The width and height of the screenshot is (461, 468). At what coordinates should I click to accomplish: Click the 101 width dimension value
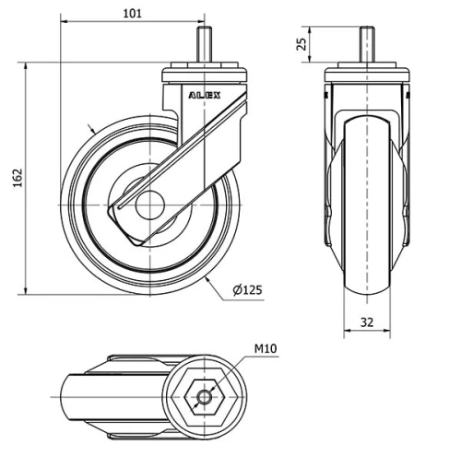[133, 12]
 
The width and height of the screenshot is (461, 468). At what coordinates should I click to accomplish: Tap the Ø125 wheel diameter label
[247, 289]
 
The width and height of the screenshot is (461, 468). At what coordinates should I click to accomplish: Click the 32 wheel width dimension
[366, 322]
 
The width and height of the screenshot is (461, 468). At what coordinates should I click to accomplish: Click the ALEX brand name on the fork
[204, 94]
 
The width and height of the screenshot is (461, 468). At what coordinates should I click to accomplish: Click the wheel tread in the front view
[366, 276]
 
